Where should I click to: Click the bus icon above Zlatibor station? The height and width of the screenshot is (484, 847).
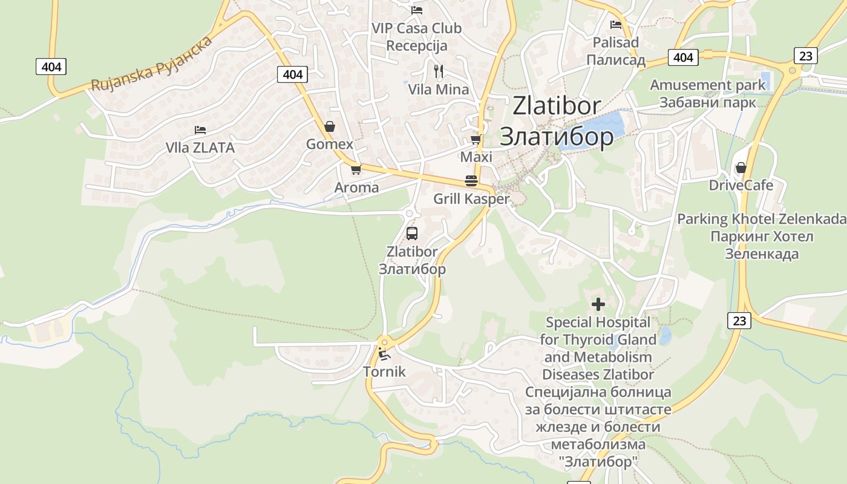click(412, 233)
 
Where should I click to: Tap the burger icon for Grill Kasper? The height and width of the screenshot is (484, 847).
click(471, 180)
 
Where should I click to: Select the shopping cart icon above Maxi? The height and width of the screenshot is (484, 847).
click(476, 140)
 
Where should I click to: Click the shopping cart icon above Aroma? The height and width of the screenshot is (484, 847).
click(356, 169)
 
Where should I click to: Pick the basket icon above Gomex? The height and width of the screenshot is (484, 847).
click(330, 126)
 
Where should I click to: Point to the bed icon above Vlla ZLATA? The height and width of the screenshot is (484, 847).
click(200, 129)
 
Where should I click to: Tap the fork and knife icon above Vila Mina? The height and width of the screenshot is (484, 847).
click(439, 71)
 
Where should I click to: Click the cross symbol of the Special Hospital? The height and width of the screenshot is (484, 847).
click(598, 304)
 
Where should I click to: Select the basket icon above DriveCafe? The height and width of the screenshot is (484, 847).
click(741, 168)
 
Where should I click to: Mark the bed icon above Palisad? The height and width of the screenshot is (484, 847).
click(616, 25)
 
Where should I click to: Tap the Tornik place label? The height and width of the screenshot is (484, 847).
click(384, 371)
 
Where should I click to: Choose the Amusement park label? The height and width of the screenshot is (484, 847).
click(708, 85)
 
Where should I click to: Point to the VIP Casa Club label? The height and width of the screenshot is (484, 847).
click(416, 28)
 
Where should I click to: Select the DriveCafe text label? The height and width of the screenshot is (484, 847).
click(741, 185)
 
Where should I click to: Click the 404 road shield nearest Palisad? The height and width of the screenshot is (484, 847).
click(683, 57)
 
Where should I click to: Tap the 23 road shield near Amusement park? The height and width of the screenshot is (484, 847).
click(805, 56)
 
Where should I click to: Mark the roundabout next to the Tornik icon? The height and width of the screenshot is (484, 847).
click(382, 342)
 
